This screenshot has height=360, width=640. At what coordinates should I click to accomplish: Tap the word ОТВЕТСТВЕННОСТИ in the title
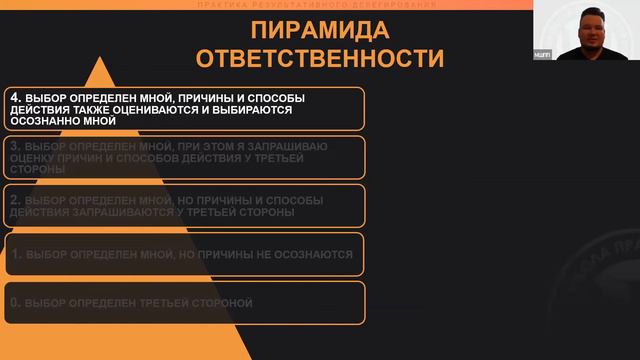(x=319, y=59)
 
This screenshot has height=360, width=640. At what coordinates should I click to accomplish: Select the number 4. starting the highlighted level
(x=14, y=98)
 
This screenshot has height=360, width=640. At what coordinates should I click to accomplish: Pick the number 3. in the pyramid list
(x=14, y=147)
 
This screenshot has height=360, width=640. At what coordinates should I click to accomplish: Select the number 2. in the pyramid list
(x=14, y=201)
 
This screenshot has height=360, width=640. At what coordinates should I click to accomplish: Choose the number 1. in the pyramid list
(x=14, y=254)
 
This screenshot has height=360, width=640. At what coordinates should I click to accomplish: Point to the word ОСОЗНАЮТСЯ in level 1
(x=308, y=254)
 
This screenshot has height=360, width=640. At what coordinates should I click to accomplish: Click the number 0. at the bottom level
(x=14, y=302)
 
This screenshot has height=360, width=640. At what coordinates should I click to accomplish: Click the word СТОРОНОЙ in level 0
(x=222, y=302)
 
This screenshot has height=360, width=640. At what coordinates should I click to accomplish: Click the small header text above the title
(x=319, y=7)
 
